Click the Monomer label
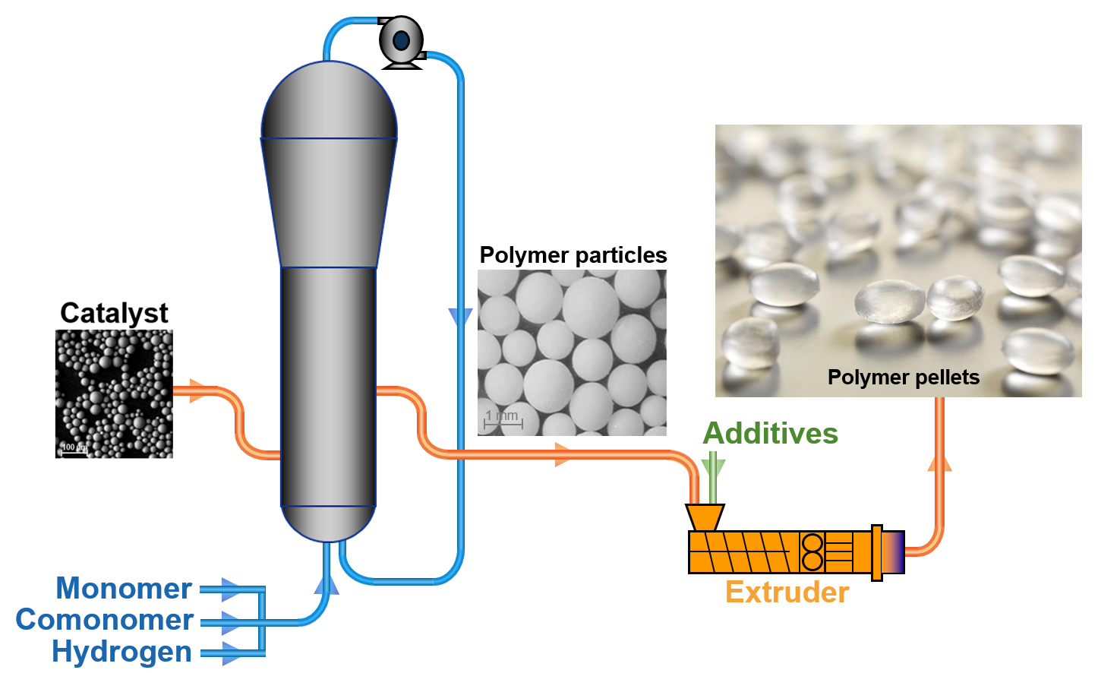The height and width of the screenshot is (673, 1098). point(124,589)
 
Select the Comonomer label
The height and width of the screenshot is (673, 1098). point(105,620)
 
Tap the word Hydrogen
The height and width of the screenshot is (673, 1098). point(121,652)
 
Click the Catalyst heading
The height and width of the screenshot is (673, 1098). point(114,313)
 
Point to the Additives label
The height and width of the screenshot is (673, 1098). point(770,434)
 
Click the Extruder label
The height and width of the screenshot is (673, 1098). point(787,592)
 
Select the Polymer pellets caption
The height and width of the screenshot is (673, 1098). point(903,378)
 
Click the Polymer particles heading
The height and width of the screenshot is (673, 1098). point(573,255)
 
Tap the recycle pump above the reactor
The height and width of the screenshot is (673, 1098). point(401,41)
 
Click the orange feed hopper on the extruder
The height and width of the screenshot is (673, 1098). point(705,517)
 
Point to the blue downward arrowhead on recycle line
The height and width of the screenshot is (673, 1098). point(460,318)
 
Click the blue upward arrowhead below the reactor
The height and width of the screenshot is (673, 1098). point(327,584)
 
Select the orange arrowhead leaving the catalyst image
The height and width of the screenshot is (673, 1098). point(197,391)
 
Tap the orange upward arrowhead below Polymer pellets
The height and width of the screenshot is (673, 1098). point(939,462)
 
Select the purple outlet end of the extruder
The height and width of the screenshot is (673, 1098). point(893,552)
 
